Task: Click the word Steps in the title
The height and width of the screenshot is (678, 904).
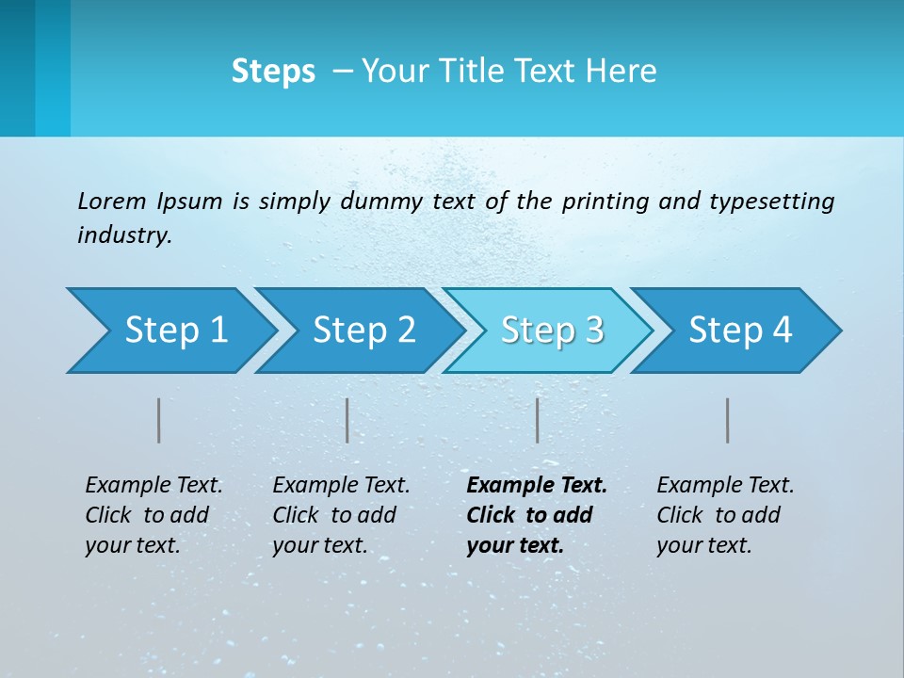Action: click(273, 72)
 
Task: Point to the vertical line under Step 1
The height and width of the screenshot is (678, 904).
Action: click(159, 420)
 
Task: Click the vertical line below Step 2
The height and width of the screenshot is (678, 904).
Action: click(347, 420)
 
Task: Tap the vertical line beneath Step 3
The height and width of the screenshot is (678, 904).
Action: click(538, 420)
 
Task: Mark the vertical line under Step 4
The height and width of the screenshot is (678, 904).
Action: click(728, 420)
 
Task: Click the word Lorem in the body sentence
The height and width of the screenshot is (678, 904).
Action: click(111, 202)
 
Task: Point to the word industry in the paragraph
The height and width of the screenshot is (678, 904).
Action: click(123, 235)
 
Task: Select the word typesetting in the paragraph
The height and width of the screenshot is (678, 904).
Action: click(771, 202)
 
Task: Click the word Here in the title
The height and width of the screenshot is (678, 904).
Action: click(621, 72)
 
